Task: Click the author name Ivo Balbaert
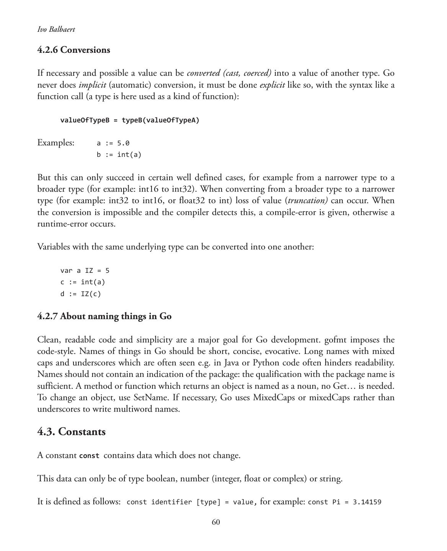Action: pyautogui.click(x=56, y=29)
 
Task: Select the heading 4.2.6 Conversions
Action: pyautogui.click(x=73, y=50)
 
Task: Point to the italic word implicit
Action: pyautogui.click(x=92, y=85)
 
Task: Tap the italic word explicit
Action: pyautogui.click(x=272, y=85)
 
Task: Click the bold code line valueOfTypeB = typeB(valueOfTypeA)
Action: pyautogui.click(x=130, y=120)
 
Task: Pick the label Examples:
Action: pyautogui.click(x=56, y=143)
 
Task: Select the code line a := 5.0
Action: pyautogui.click(x=113, y=143)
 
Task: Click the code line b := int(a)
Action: pyautogui.click(x=119, y=155)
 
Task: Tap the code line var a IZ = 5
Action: pyautogui.click(x=85, y=271)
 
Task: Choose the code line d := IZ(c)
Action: pyautogui.click(x=80, y=294)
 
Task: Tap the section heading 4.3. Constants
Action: pyautogui.click(x=71, y=432)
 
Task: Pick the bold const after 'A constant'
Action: pyautogui.click(x=89, y=456)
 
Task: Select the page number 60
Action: pyautogui.click(x=216, y=522)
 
